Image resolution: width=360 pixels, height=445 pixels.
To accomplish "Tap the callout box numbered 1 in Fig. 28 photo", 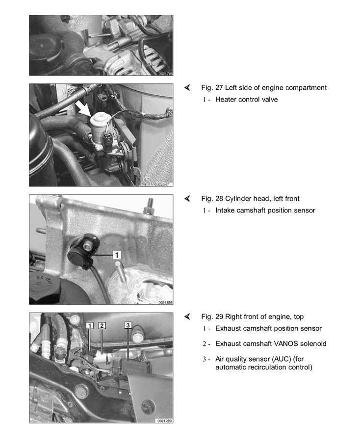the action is (117, 255).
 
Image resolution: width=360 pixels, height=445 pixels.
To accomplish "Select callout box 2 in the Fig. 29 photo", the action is (102, 325).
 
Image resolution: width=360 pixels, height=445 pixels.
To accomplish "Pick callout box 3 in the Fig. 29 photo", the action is (128, 325).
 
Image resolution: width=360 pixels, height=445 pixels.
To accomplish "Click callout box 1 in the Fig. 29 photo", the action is (90, 325).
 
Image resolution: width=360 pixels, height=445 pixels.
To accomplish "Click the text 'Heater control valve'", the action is (247, 100).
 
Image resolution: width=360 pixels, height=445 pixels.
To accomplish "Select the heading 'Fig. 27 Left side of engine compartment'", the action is (264, 88).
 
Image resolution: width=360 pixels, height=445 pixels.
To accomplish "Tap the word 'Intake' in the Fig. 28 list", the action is (225, 210).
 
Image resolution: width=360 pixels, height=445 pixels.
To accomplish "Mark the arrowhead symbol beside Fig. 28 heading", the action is (187, 198).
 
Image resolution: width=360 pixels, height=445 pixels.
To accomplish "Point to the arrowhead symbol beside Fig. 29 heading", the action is (187, 316).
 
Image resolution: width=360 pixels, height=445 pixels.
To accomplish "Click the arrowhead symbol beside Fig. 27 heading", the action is (187, 87).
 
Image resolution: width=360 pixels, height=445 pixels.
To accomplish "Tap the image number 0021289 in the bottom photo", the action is (164, 420).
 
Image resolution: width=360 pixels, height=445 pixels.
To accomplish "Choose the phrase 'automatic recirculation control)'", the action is (264, 367).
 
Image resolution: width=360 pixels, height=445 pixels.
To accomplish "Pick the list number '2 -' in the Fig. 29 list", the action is (206, 344).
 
